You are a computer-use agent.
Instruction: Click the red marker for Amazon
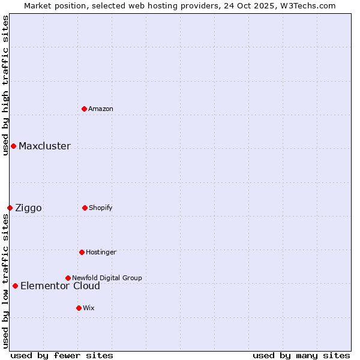coord(85,109)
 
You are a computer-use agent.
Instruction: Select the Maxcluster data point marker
coord(13,146)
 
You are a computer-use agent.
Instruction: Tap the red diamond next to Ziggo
coord(10,208)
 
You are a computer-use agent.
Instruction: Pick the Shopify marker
coord(85,208)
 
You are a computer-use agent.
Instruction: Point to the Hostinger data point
coord(82,252)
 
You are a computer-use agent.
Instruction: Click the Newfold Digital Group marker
coord(68,278)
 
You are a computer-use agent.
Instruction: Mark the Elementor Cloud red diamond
coord(15,286)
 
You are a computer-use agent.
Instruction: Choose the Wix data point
coord(79,308)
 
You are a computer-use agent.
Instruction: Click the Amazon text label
coord(101,109)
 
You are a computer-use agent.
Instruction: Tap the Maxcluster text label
coord(44,146)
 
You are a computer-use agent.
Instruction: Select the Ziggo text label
coord(28,208)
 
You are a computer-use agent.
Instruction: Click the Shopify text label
coord(101,208)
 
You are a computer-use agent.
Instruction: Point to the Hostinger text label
coord(101,252)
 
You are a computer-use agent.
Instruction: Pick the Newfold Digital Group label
coord(107,278)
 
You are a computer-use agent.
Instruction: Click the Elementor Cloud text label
coord(60,286)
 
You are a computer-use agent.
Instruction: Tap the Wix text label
coord(89,308)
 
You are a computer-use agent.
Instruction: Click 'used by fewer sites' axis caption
coord(62,355)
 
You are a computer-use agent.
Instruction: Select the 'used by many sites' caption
coord(301,355)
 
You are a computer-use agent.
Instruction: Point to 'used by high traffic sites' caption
coord(5,84)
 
